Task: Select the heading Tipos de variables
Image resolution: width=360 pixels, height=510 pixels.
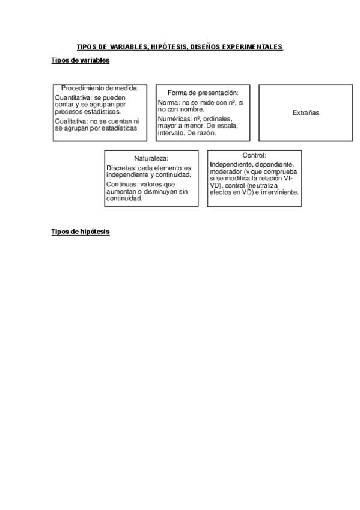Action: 81,61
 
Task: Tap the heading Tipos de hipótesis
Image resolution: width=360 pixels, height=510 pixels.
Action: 81,232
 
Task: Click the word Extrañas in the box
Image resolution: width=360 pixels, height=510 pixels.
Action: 306,113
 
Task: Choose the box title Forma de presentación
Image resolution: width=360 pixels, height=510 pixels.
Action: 203,93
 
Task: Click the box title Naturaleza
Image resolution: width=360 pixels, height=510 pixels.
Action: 151,158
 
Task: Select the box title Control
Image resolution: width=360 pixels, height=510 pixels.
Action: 254,155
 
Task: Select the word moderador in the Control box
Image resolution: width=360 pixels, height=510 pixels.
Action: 226,171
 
